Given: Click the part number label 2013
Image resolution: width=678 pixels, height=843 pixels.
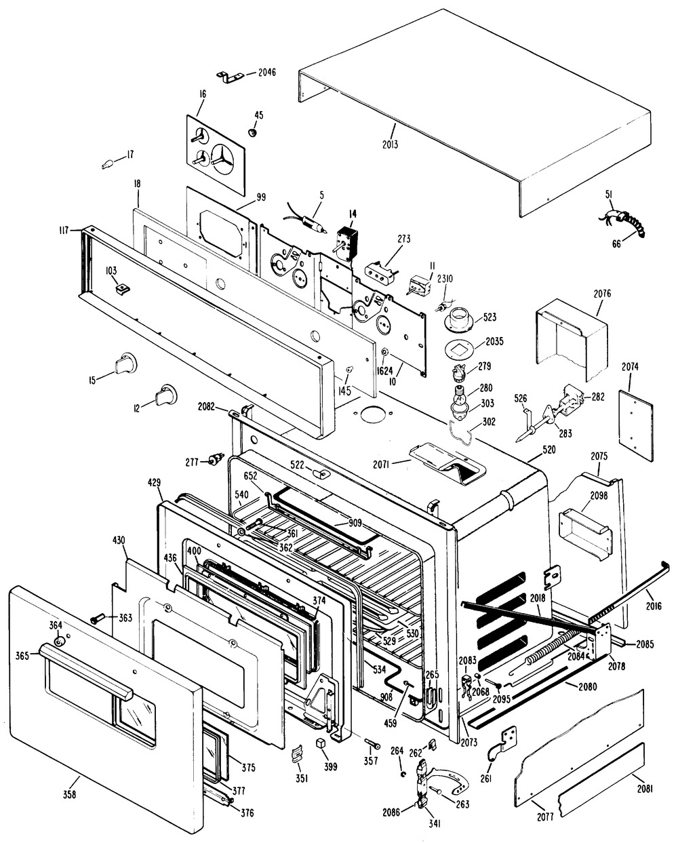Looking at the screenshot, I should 390,144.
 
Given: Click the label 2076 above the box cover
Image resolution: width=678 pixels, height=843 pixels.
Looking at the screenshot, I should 602,294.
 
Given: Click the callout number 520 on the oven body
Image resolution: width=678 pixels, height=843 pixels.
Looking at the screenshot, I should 549,450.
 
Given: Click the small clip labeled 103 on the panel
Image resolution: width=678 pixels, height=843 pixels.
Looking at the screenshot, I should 122,290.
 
